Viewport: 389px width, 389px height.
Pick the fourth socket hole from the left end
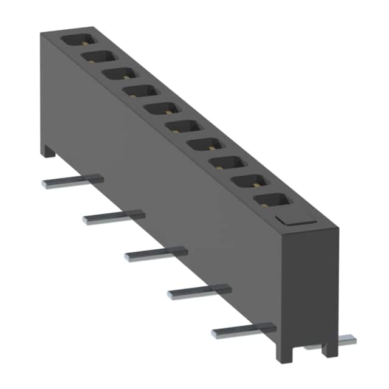(x=139, y=91)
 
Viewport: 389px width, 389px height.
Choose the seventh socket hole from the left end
(x=202, y=145)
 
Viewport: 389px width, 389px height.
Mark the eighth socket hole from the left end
(x=224, y=163)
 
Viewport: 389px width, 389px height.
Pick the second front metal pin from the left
(x=114, y=216)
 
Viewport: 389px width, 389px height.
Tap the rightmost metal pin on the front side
(x=244, y=331)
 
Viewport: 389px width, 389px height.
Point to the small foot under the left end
(x=49, y=151)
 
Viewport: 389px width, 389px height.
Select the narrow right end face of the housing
(x=311, y=286)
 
